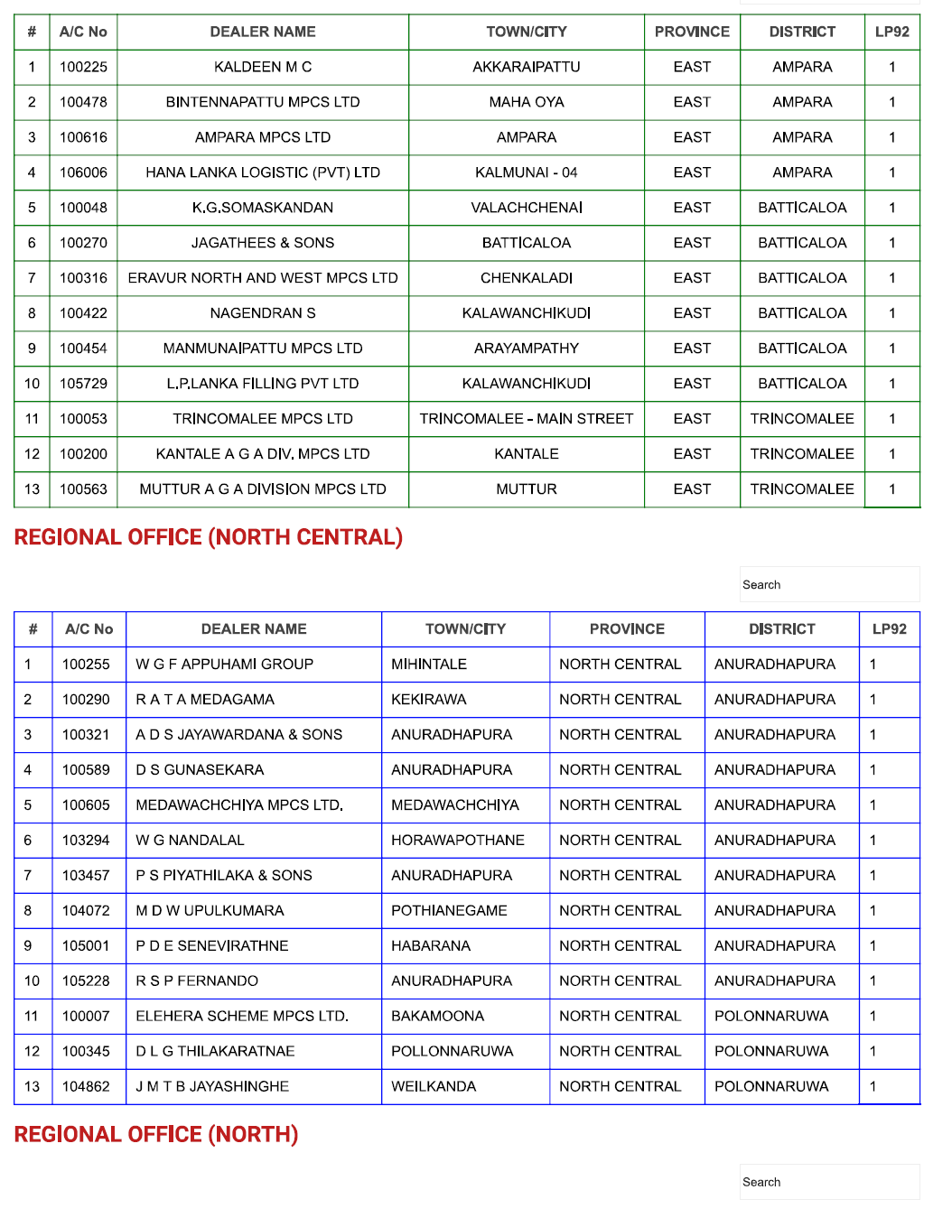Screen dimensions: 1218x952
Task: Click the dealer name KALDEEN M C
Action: tap(263, 67)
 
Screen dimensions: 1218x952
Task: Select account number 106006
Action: tap(83, 172)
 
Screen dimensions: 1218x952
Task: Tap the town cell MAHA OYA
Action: tap(527, 102)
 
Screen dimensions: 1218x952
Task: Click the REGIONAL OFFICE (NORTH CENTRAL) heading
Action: tap(209, 537)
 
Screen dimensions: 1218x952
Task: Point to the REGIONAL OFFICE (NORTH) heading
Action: tap(156, 1134)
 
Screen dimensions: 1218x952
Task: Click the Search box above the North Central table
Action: tap(829, 584)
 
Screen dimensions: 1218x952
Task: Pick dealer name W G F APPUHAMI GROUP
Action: tap(224, 665)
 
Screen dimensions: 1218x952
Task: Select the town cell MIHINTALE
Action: tap(429, 665)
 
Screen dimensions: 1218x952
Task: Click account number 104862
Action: tap(86, 1086)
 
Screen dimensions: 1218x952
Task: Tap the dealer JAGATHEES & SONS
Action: tap(263, 243)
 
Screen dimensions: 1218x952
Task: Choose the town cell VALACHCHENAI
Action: tap(527, 208)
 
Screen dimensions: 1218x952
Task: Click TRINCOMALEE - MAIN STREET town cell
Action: tap(527, 419)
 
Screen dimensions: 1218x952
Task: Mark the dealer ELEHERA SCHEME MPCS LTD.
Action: tap(242, 1016)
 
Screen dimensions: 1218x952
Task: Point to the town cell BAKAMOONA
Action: tap(437, 1016)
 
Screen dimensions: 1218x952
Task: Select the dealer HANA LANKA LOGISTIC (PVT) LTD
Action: tap(263, 172)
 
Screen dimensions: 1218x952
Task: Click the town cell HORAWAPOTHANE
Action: tap(458, 840)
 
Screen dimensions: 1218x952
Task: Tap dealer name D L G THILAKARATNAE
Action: tap(215, 1051)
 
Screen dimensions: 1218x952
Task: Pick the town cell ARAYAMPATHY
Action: tap(527, 349)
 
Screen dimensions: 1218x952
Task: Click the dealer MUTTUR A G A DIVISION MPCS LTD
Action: tap(263, 489)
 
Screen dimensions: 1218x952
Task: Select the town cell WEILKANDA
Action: tap(434, 1086)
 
